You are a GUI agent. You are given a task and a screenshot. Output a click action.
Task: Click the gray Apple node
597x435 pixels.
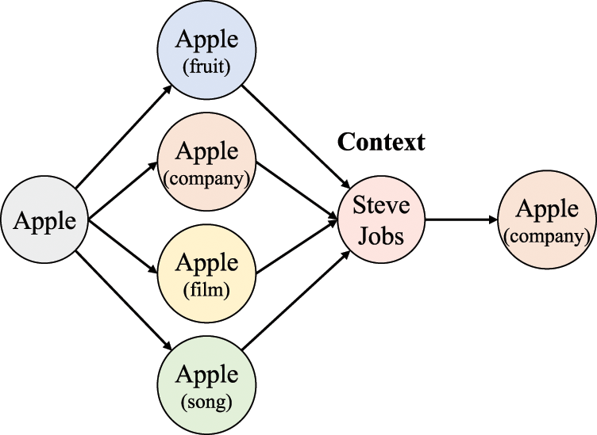(x=44, y=221)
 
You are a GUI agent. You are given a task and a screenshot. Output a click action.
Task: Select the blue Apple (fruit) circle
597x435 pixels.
(x=206, y=51)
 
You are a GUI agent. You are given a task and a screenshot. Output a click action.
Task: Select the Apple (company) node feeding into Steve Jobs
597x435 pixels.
(x=206, y=163)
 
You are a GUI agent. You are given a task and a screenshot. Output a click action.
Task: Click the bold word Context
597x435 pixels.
(x=381, y=143)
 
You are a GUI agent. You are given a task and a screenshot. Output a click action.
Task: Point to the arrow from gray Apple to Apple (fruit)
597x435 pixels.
(x=123, y=136)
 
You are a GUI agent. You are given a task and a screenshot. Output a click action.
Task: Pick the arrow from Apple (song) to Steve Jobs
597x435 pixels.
(x=294, y=305)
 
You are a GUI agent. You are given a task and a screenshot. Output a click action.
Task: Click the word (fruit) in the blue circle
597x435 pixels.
(x=206, y=67)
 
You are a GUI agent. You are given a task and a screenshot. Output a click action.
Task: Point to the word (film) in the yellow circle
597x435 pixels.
(x=206, y=291)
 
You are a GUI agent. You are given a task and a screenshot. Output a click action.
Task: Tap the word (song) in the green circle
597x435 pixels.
(x=206, y=402)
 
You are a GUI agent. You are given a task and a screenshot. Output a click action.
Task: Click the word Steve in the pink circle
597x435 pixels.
(x=381, y=205)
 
